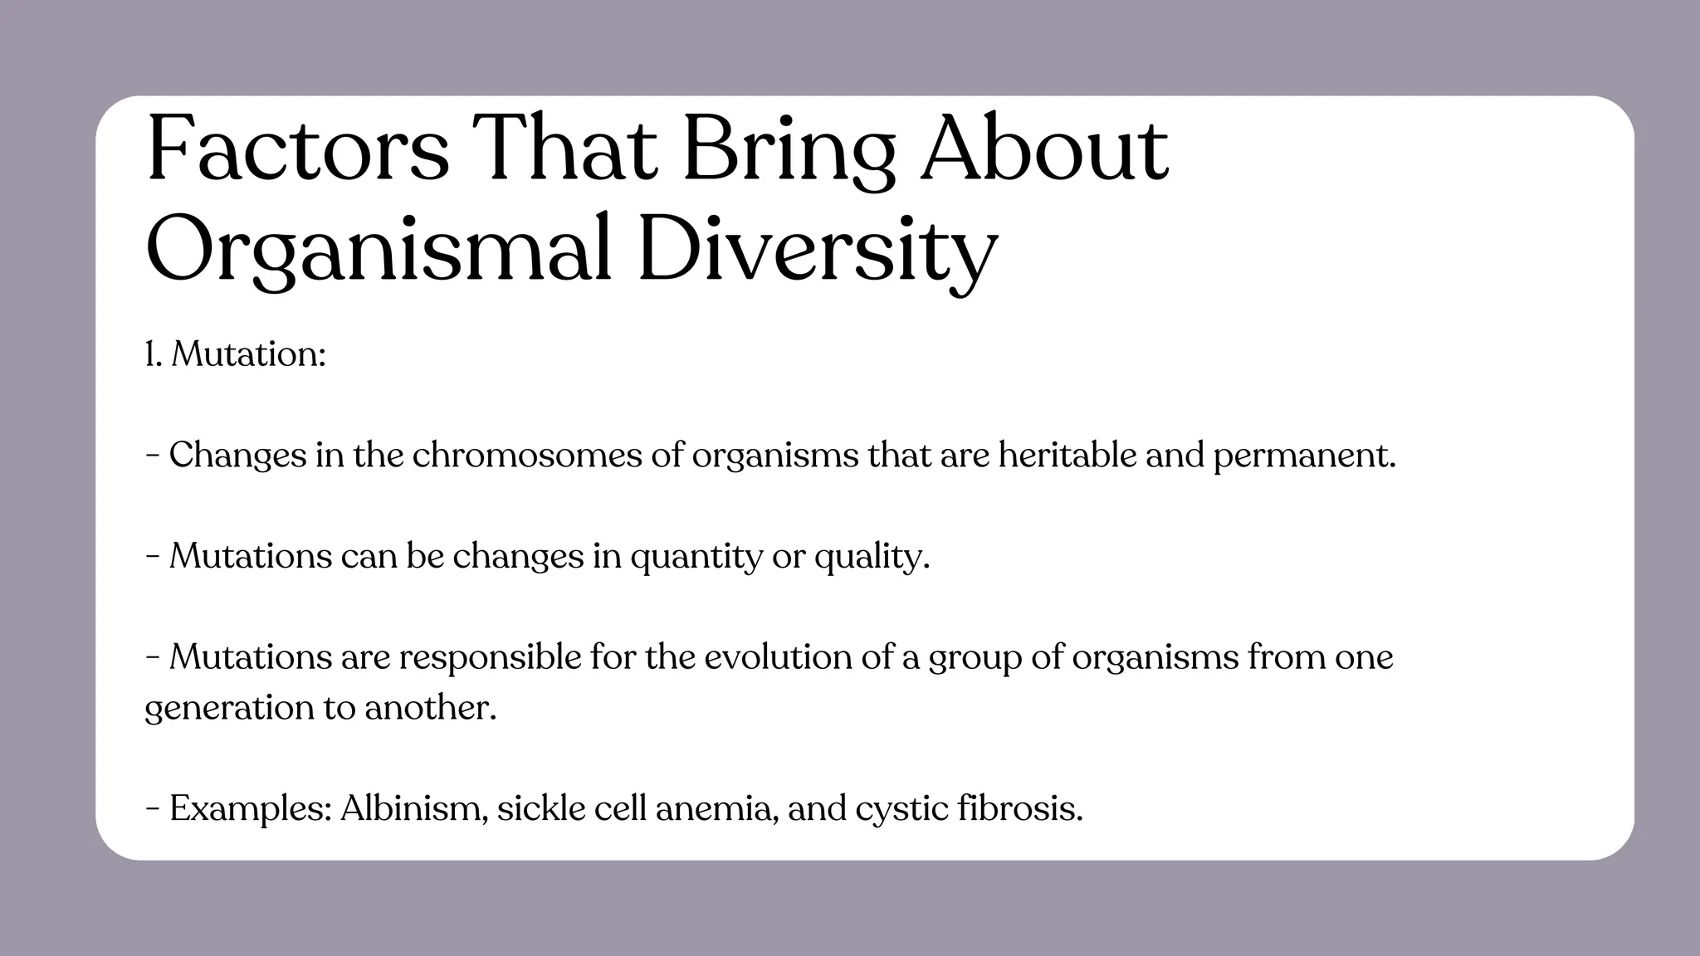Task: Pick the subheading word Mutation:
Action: pos(248,354)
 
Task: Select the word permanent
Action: pos(1305,456)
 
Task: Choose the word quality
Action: pos(872,557)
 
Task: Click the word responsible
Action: pos(490,657)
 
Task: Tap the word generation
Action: pos(219,709)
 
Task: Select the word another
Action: pos(430,708)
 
